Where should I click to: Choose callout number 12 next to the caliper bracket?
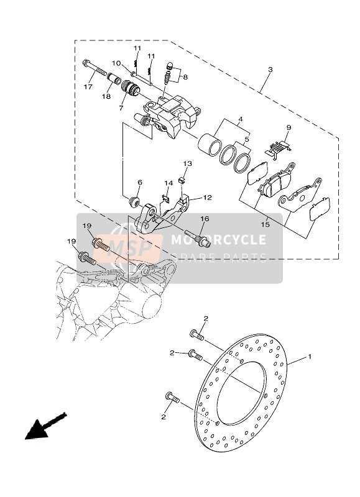pyautogui.click(x=208, y=198)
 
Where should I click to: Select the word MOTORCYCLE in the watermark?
pyautogui.click(x=218, y=240)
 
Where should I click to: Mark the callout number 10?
pyautogui.click(x=116, y=63)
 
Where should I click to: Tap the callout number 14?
pyautogui.click(x=168, y=183)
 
